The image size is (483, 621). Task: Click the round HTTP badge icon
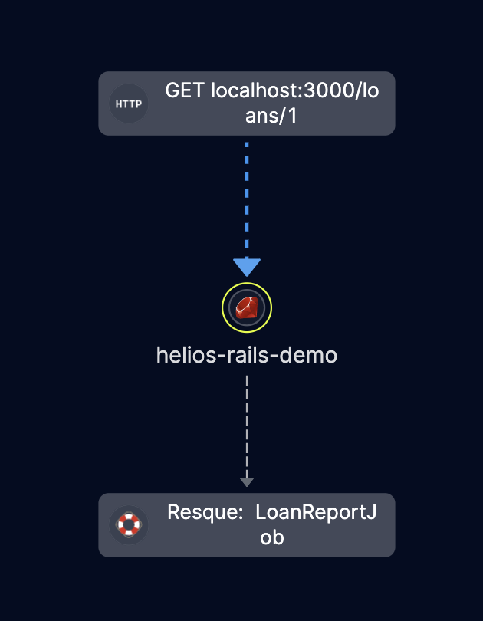[129, 103]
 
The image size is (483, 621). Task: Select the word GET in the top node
[185, 90]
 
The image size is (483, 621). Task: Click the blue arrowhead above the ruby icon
[247, 267]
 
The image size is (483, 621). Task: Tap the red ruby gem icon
[247, 308]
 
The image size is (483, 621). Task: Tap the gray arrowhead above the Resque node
[247, 481]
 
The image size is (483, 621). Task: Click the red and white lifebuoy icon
[129, 524]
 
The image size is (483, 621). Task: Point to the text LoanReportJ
[316, 512]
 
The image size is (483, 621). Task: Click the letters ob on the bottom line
[271, 537]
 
